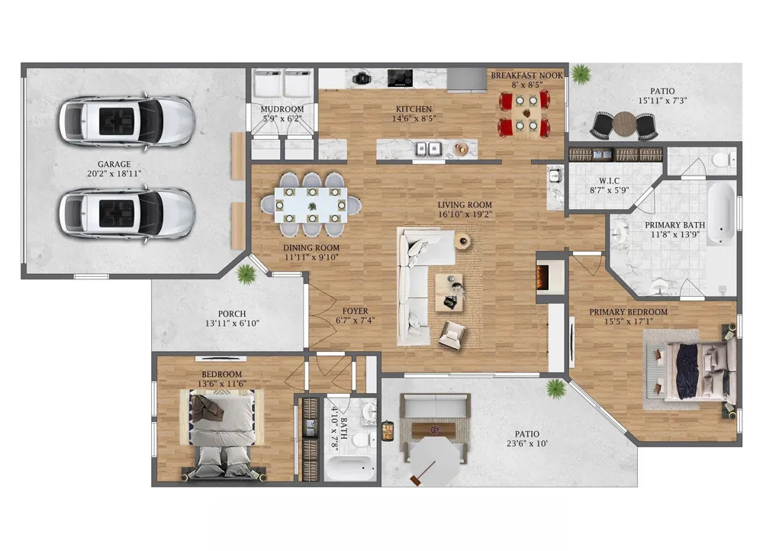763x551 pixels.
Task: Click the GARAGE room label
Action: tap(114, 165)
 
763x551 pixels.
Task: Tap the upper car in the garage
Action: tap(127, 121)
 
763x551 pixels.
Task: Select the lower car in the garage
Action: tap(127, 214)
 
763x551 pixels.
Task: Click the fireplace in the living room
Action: tap(542, 278)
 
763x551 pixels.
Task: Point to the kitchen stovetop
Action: tap(400, 78)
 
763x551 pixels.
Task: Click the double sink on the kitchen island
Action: tap(428, 149)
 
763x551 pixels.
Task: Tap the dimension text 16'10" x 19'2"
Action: tap(465, 214)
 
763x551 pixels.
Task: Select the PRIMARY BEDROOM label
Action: tap(628, 312)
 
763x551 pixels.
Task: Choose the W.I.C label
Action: tap(609, 181)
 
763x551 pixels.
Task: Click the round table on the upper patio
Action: tap(624, 124)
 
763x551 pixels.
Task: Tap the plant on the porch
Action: tap(246, 275)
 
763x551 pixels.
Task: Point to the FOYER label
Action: tap(356, 311)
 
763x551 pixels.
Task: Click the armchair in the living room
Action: tap(452, 335)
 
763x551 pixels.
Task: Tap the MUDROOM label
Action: tap(282, 109)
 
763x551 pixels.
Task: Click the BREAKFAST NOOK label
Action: tap(526, 76)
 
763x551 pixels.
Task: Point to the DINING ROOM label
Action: tap(311, 248)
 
